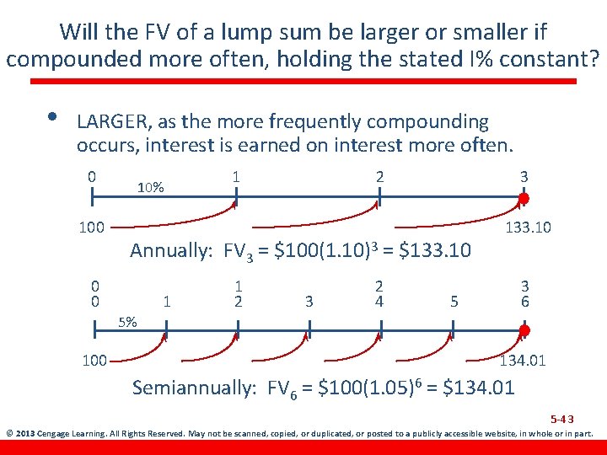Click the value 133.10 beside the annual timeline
[x=527, y=227]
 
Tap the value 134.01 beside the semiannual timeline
[x=523, y=361]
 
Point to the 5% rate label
[x=129, y=321]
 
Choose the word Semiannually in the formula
[x=195, y=388]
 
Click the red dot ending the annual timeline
[x=524, y=199]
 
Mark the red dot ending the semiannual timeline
[x=524, y=330]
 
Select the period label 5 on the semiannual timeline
[x=454, y=301]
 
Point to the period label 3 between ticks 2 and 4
[x=309, y=301]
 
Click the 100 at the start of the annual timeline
[x=91, y=227]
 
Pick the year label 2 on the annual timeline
[x=379, y=177]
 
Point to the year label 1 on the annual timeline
[x=237, y=177]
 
